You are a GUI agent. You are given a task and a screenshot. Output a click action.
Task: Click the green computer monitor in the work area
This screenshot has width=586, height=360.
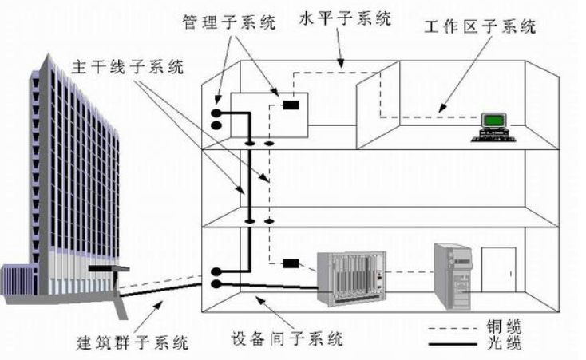click(496, 121)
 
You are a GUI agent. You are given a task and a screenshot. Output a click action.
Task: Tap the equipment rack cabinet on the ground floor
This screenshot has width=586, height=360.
click(350, 280)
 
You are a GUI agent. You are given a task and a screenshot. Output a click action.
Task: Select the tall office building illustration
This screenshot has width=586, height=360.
click(68, 176)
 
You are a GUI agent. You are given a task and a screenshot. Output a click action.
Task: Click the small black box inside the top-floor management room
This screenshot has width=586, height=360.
click(291, 104)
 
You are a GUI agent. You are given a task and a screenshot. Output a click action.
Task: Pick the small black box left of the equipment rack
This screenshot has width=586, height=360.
click(291, 263)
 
